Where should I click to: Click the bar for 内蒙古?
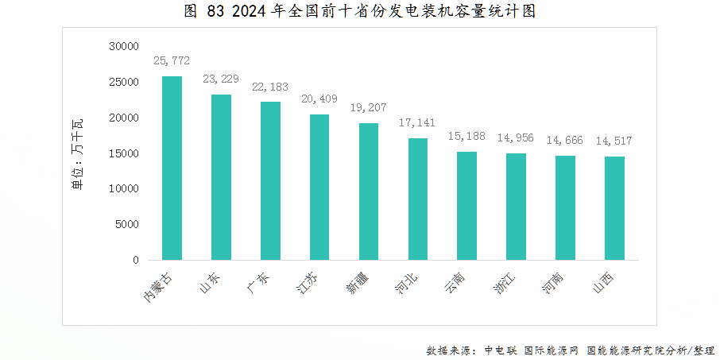[172, 168]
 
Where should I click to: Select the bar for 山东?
[221, 177]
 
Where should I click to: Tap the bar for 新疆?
[369, 192]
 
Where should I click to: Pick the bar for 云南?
[466, 206]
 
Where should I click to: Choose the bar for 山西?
[614, 208]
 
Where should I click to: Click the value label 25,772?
[172, 60]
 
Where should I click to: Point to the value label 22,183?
[270, 87]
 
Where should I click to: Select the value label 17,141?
[418, 123]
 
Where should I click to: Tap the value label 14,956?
[516, 138]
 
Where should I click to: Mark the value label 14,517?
[614, 141]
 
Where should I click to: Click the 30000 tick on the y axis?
[124, 47]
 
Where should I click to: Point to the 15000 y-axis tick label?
[124, 153]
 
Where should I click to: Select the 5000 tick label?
[127, 224]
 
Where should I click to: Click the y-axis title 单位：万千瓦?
[78, 153]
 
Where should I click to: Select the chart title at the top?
[359, 11]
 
